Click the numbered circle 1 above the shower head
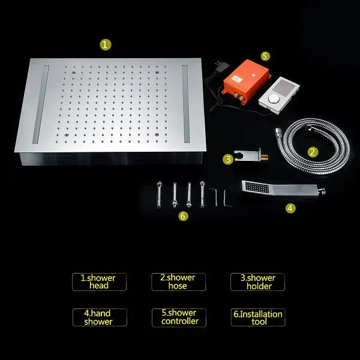(106, 44)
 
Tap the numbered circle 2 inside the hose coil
(313, 152)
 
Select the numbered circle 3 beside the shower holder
(228, 159)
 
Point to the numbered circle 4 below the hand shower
(290, 208)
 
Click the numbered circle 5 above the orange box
(265, 56)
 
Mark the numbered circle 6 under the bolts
(183, 216)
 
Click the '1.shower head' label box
(99, 282)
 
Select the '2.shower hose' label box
(178, 282)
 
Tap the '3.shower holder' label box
(257, 282)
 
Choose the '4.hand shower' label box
(100, 317)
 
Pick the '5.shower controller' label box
(179, 318)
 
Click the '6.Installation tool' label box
(258, 317)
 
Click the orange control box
(245, 79)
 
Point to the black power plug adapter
(221, 66)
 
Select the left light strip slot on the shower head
(40, 104)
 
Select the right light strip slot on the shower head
(186, 104)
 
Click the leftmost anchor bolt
(159, 194)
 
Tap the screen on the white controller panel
(284, 88)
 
